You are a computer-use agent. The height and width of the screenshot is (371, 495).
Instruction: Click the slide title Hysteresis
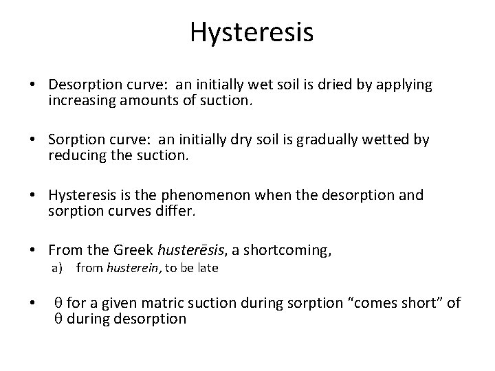click(x=252, y=32)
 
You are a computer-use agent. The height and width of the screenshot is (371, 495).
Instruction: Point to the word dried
click(x=332, y=85)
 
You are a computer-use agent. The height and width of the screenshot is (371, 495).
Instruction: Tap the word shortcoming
click(x=286, y=251)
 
